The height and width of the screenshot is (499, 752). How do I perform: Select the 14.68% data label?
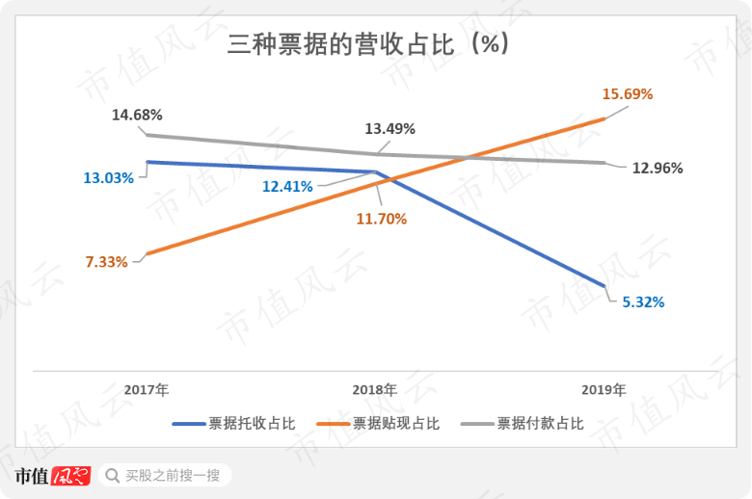pos(137,115)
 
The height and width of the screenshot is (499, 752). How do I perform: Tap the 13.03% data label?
pos(108,177)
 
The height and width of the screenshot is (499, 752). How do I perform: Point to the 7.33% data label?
pos(106,261)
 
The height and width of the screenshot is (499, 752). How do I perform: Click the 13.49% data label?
pos(389,128)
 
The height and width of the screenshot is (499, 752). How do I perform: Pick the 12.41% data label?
pos(287,186)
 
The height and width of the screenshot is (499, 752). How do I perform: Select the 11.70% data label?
pos(382,219)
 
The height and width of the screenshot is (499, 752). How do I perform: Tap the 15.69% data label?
pos(628,94)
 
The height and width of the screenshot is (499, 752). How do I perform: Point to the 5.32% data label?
pos(643,302)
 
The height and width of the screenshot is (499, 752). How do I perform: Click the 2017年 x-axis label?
pos(147,390)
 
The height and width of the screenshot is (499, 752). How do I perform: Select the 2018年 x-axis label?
pos(374,390)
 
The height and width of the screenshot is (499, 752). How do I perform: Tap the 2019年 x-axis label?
pos(604,390)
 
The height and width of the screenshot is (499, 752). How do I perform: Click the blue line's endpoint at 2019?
pos(604,286)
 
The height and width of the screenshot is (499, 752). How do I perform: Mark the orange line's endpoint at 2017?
pos(146,255)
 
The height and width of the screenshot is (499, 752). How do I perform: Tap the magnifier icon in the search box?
pos(113,475)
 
